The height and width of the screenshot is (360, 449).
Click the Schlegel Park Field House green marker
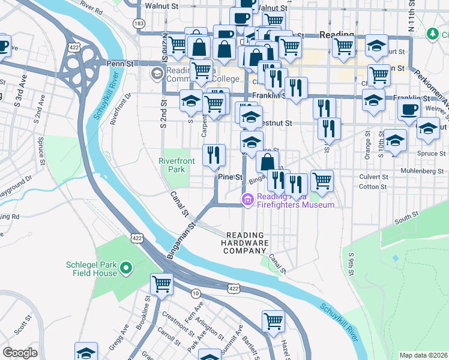click(x=125, y=268)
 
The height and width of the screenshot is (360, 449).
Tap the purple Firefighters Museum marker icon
click(x=247, y=199)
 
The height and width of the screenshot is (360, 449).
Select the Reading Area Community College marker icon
click(x=157, y=74)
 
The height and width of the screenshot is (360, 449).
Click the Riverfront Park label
click(x=173, y=165)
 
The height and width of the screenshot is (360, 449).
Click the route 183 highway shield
click(x=139, y=23)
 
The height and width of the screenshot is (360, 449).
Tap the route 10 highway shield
click(x=196, y=293)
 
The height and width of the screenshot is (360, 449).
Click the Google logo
click(x=20, y=353)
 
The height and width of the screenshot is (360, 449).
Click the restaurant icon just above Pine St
click(x=214, y=155)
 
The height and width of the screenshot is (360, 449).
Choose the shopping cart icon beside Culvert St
click(x=322, y=179)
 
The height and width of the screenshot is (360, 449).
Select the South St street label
click(x=406, y=217)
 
